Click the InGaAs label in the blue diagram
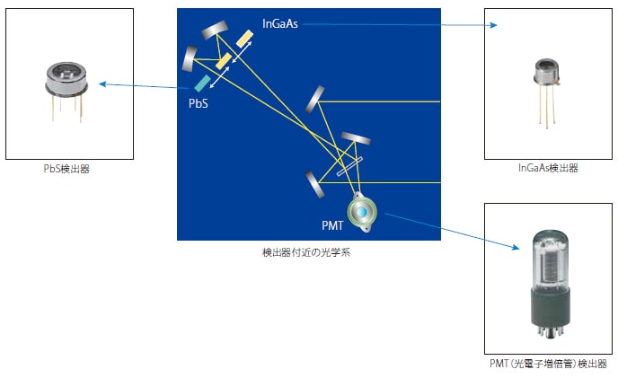pos(280,24)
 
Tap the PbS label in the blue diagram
pos(199,103)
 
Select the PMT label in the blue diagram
pos(332,225)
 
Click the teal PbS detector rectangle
pos(203,84)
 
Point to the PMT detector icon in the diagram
pos(362,212)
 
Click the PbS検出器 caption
pos(66,169)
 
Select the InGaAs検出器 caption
pos(548,168)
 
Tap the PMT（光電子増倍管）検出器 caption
pos(548,363)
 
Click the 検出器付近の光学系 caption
pos(306,252)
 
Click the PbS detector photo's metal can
pos(66,79)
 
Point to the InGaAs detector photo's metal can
pos(546,72)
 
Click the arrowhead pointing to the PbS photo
pos(102,84)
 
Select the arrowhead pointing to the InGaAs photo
pos(493,25)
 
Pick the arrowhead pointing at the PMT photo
pos(516,247)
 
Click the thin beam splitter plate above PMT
pos(349,167)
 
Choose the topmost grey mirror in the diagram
pos(215,30)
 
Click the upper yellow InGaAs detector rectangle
pos(244,39)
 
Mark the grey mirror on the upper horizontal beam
pos(315,99)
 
